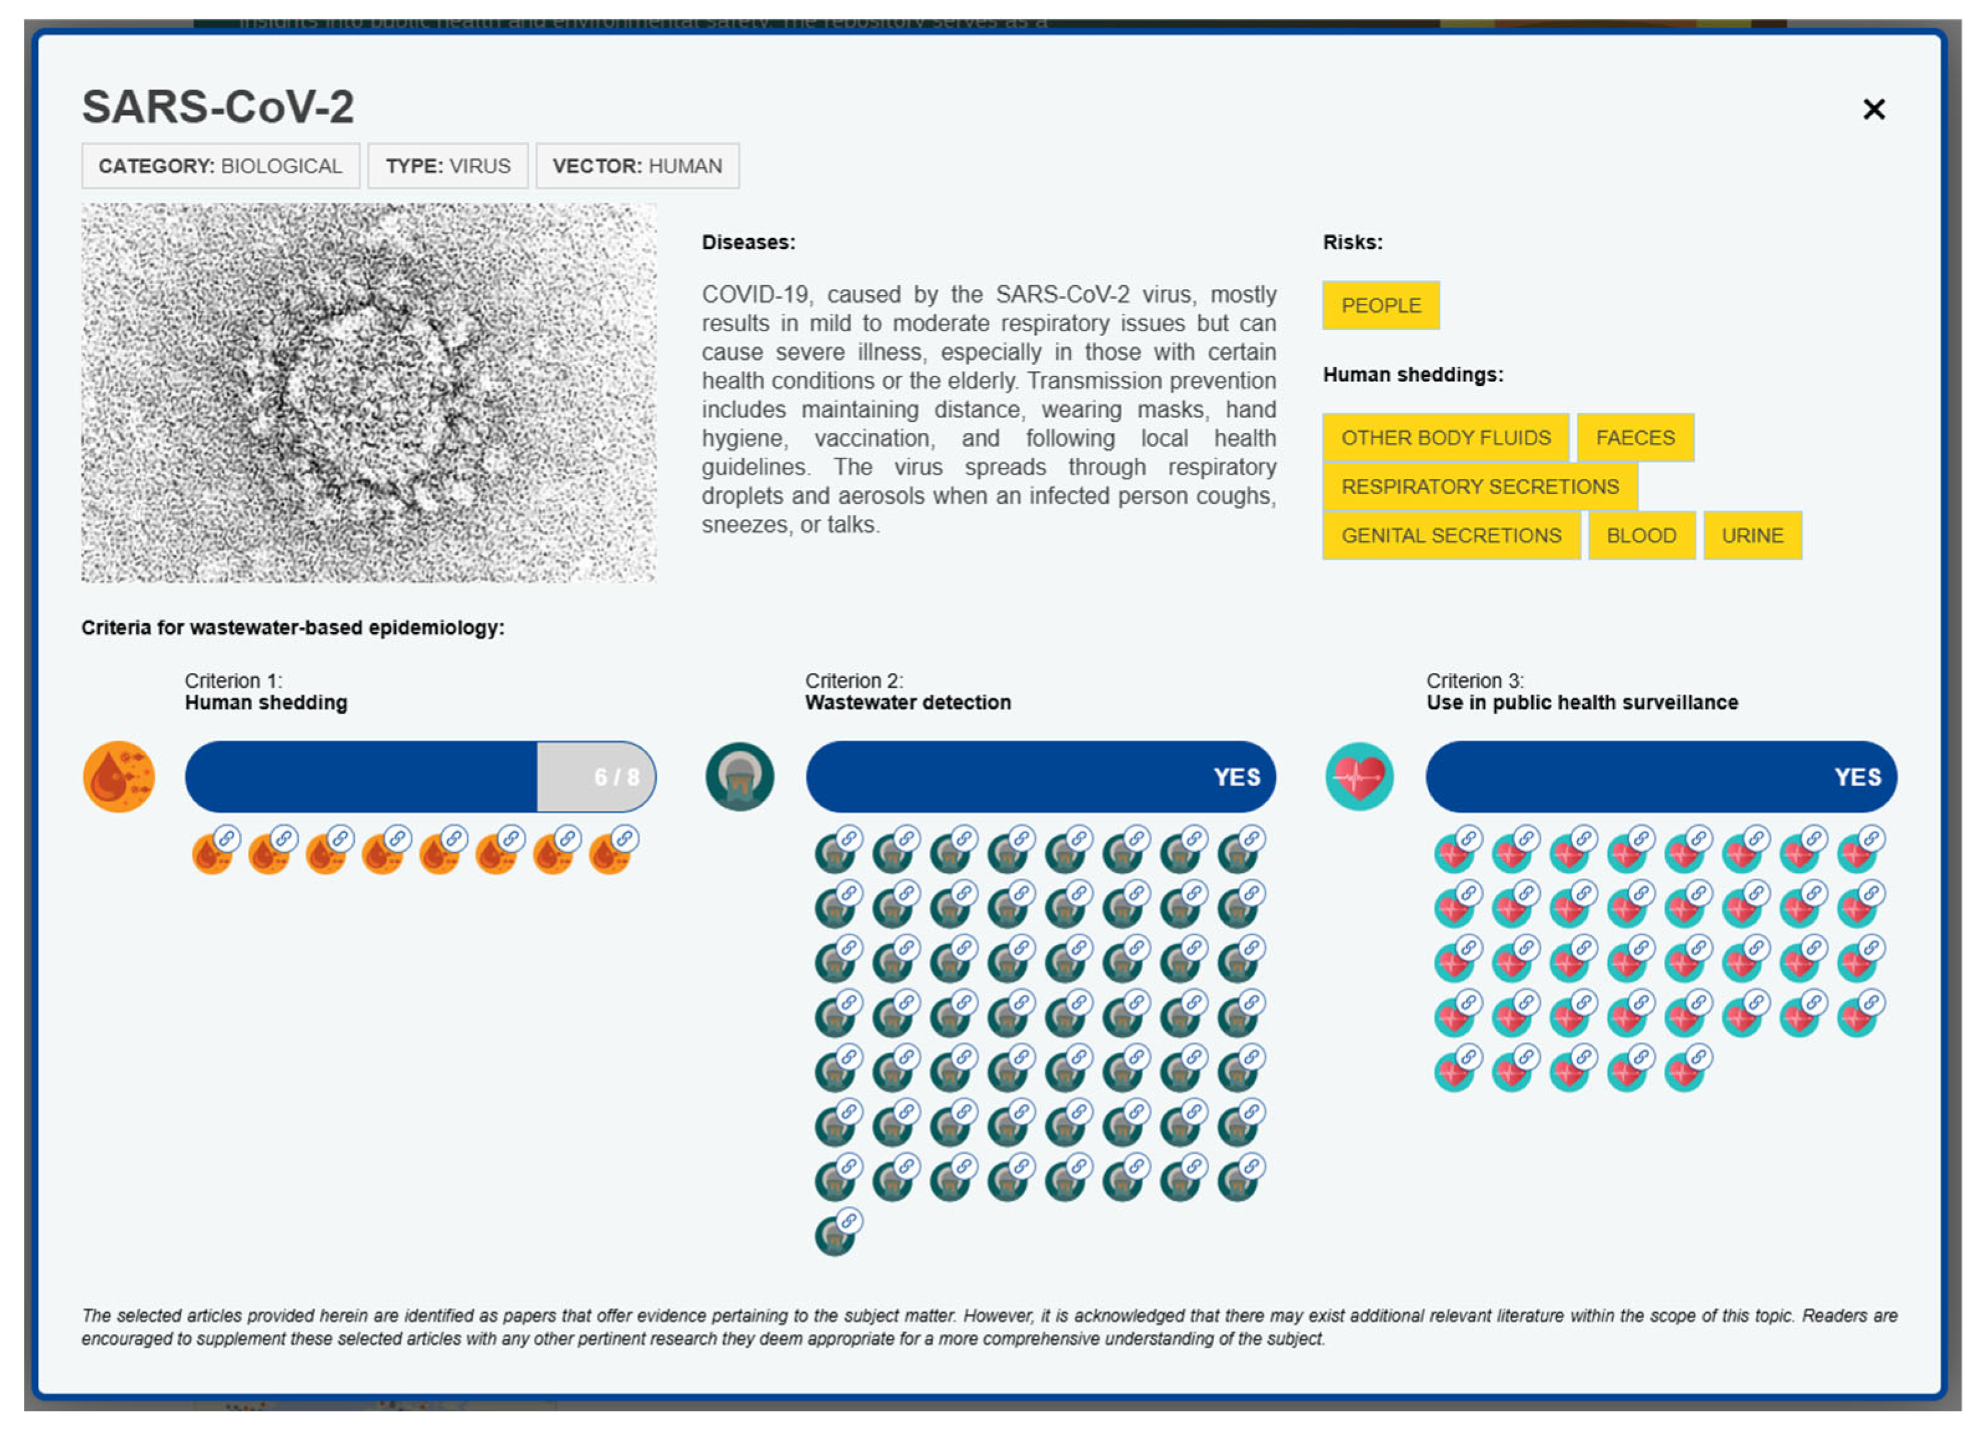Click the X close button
[1873, 109]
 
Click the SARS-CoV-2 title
[218, 107]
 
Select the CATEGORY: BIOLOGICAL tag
[220, 166]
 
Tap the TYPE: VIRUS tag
[448, 166]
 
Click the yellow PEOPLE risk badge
[1380, 306]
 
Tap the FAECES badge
[1635, 437]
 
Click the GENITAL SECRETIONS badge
[1450, 536]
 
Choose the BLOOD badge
[1641, 536]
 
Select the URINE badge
[1752, 536]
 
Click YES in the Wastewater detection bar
[1236, 777]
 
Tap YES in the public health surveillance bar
[1857, 777]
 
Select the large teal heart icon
[1359, 777]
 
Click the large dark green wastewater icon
[739, 777]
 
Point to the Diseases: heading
[748, 243]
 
